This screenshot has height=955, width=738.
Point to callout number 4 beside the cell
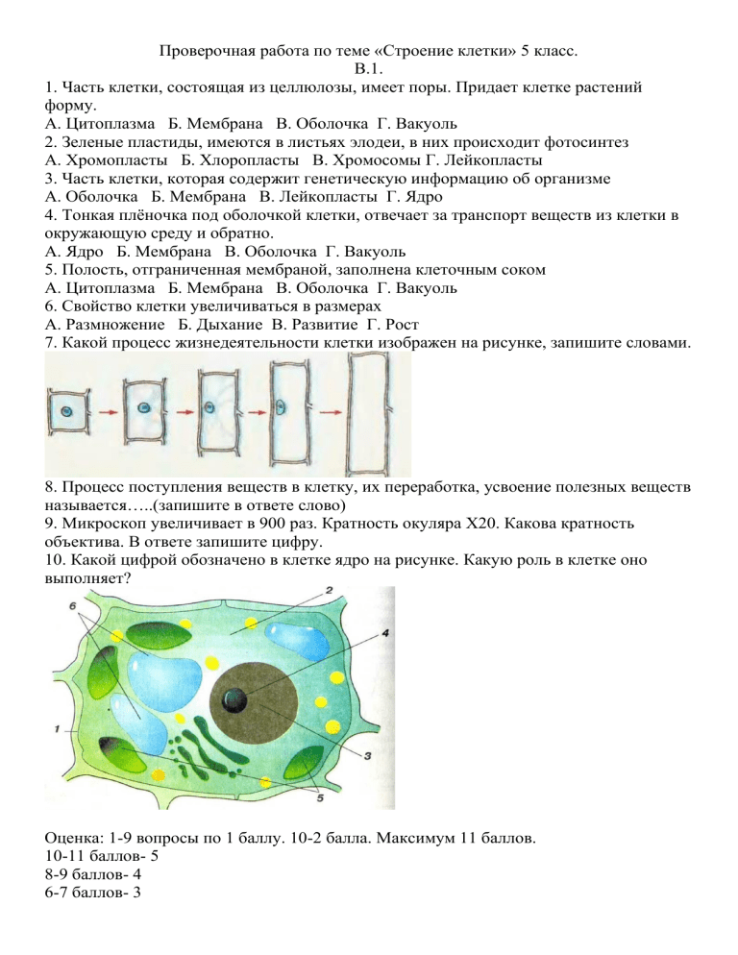[385, 633]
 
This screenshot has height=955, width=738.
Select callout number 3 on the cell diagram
[367, 756]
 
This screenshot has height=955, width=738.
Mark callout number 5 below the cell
[321, 796]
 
